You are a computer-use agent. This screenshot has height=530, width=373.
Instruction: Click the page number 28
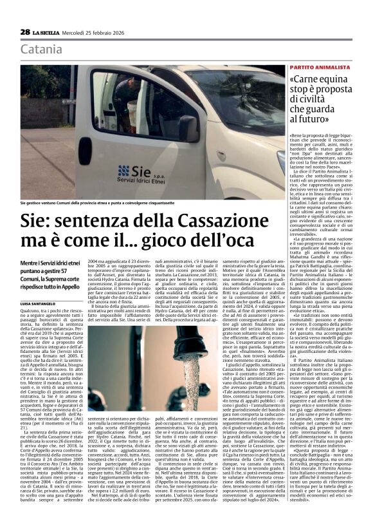[25, 32]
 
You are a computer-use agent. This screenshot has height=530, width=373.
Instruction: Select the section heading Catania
[41, 49]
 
